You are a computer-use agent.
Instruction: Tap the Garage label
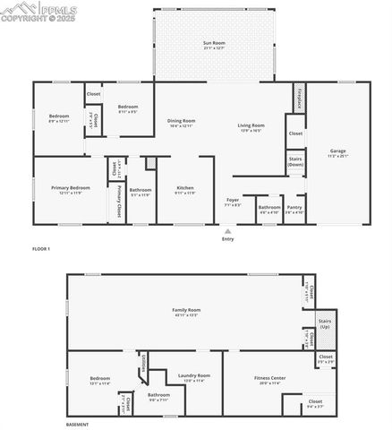(x=337, y=150)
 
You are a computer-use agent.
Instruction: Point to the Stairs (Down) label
(x=295, y=161)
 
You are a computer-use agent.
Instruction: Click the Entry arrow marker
(x=227, y=231)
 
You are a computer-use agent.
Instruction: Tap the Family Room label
(x=186, y=310)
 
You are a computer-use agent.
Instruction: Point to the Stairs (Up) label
(x=325, y=324)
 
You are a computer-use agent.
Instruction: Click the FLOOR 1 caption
(x=41, y=248)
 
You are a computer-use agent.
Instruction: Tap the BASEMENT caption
(x=77, y=424)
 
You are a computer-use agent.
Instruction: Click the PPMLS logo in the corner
(x=39, y=11)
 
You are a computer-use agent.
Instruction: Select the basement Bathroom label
(x=158, y=395)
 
